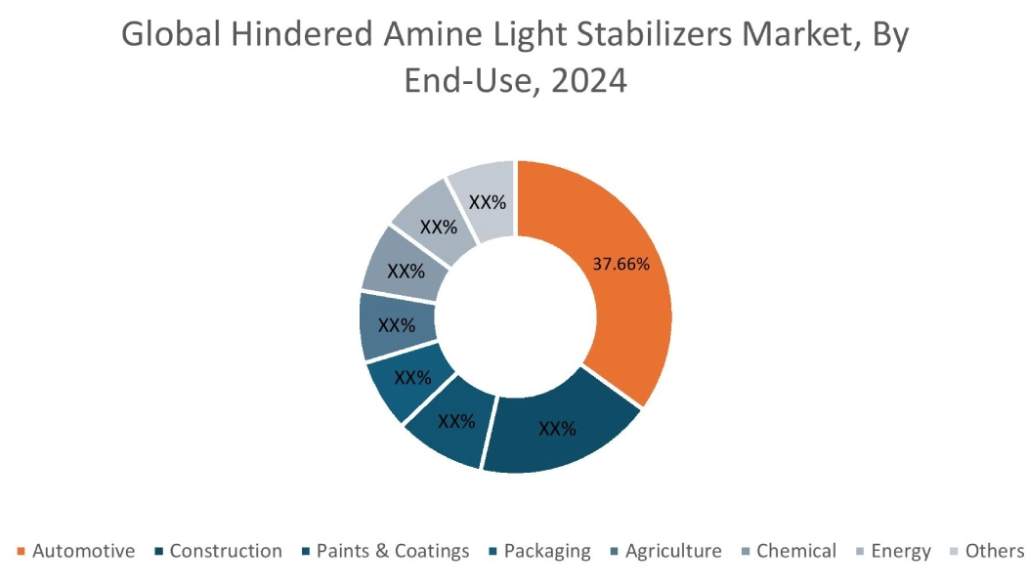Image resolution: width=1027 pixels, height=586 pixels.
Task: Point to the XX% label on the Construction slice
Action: click(x=556, y=428)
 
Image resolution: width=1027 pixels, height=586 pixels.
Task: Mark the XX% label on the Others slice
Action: click(x=488, y=202)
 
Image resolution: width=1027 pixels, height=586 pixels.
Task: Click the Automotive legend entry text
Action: click(x=83, y=551)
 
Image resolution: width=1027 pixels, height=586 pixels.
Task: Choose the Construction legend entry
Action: click(x=226, y=551)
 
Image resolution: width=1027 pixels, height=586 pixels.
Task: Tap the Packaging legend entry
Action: click(x=547, y=551)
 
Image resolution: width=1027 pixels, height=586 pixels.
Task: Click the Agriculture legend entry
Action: click(x=673, y=551)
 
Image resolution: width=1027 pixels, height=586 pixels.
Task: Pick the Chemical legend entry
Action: click(x=796, y=551)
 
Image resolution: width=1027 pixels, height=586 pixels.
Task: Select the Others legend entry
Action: click(x=995, y=551)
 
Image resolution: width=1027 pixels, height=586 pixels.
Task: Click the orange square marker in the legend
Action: click(x=21, y=552)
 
